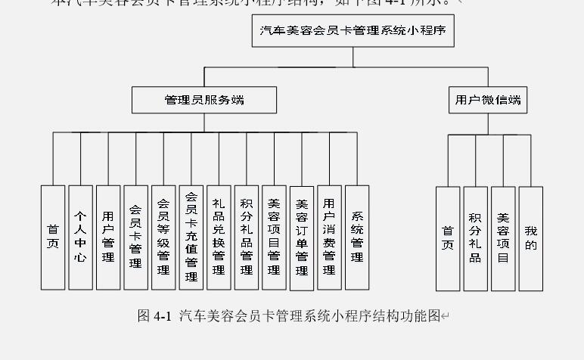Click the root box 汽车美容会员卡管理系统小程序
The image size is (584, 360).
click(x=353, y=32)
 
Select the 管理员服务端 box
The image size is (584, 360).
click(x=204, y=100)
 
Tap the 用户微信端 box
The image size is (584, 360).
click(x=488, y=100)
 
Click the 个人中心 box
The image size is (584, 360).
click(x=80, y=237)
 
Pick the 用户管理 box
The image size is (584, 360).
click(x=108, y=237)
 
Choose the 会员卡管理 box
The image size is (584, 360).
click(x=135, y=237)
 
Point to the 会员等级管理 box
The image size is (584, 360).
click(x=163, y=237)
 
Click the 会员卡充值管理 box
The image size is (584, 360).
click(x=191, y=237)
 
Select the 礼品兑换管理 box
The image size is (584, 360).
click(x=219, y=237)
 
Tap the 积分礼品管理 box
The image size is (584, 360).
click(x=247, y=237)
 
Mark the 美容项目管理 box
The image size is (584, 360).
click(x=274, y=237)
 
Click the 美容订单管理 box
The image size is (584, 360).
click(x=302, y=237)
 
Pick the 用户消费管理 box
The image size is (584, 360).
click(x=329, y=237)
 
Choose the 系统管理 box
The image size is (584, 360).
click(x=357, y=237)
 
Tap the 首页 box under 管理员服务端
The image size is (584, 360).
click(x=53, y=237)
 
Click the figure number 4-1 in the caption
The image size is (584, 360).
click(x=162, y=316)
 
